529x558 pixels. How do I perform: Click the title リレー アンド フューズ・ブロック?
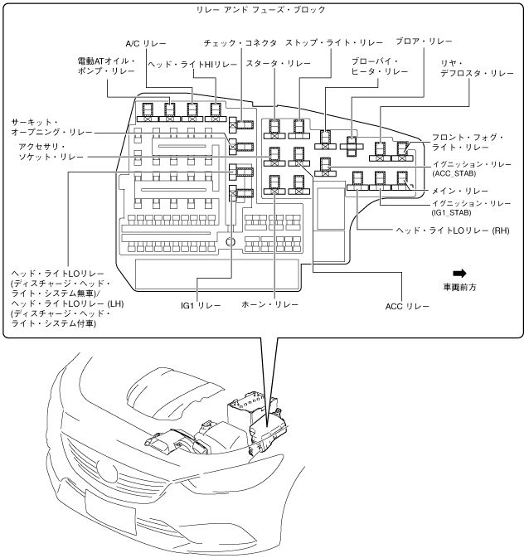[264, 10]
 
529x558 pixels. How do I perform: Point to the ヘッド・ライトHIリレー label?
[192, 65]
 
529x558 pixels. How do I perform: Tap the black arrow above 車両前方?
[460, 273]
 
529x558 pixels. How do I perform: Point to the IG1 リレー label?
[201, 306]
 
